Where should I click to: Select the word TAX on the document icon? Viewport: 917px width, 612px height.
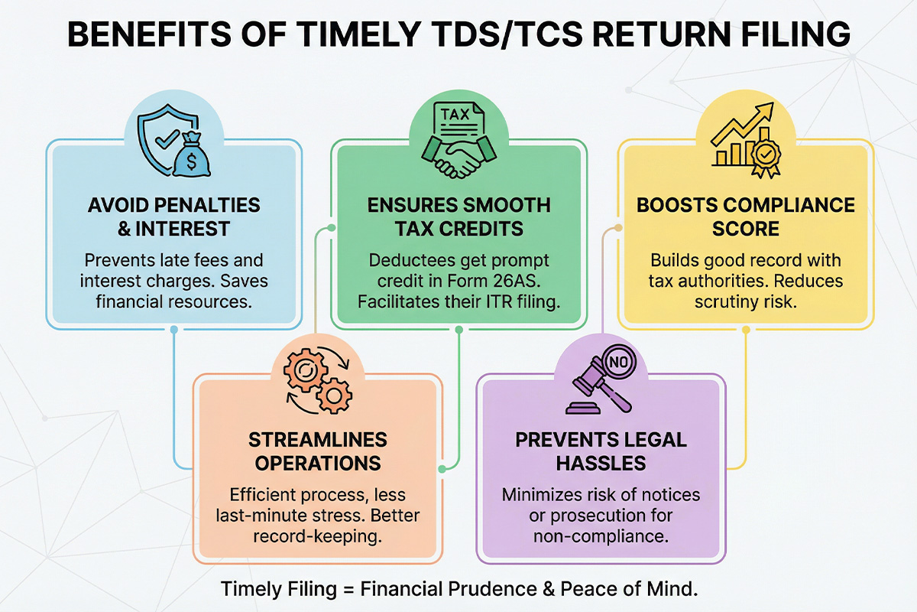click(455, 114)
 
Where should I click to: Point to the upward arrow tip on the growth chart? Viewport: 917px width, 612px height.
click(771, 105)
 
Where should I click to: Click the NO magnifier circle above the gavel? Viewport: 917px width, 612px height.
click(618, 362)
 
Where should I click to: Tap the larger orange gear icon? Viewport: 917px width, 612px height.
click(306, 370)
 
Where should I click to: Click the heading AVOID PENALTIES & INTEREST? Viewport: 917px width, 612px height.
click(173, 216)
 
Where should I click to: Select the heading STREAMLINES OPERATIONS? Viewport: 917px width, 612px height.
click(318, 451)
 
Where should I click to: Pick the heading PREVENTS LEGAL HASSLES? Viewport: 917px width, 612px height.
click(601, 451)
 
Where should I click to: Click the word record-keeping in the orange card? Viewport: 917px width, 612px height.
click(317, 536)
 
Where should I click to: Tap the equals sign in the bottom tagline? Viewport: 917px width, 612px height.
click(348, 590)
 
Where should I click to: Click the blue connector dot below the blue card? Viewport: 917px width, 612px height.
click(174, 330)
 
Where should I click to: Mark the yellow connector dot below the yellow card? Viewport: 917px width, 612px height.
click(746, 330)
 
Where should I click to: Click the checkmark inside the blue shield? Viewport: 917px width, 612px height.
click(167, 138)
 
